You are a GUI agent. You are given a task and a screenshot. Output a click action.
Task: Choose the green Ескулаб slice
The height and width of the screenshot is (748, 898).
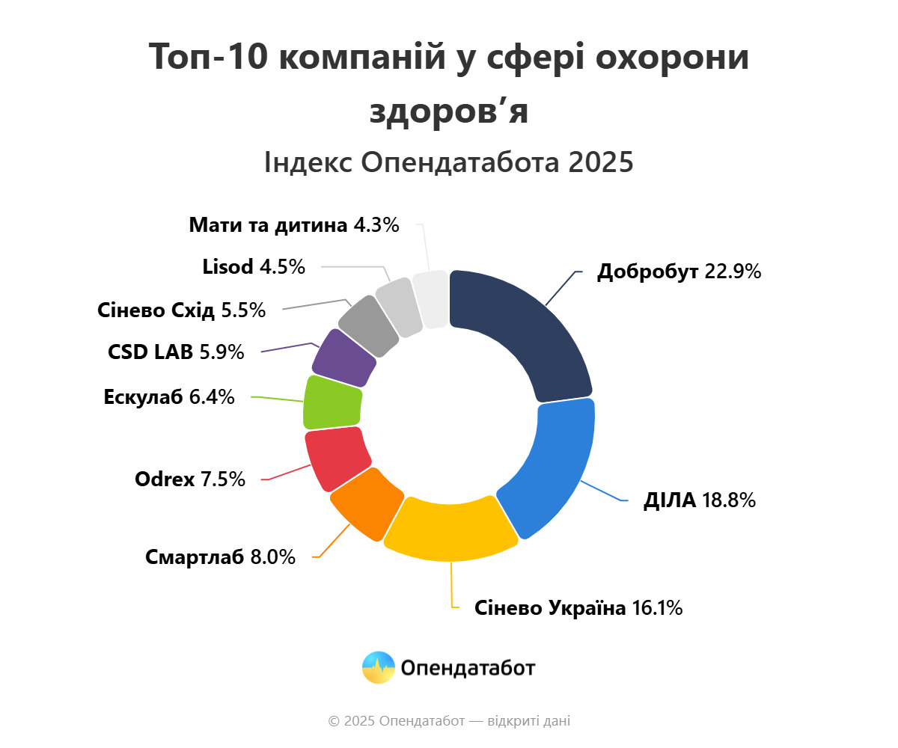coord(332,402)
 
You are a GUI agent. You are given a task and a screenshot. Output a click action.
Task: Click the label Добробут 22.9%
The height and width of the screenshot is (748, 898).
coord(679,272)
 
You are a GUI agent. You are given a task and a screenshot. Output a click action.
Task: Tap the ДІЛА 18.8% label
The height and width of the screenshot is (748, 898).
coord(699,500)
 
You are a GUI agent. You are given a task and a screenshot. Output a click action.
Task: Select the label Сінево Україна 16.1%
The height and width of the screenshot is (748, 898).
coord(578,608)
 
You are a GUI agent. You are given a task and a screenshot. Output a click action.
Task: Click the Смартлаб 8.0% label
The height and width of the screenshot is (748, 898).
coord(220,557)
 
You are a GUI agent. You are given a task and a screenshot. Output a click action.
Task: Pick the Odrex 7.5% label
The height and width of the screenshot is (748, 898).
coord(190,479)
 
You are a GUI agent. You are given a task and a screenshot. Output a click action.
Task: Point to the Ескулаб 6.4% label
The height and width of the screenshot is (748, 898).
coord(169,397)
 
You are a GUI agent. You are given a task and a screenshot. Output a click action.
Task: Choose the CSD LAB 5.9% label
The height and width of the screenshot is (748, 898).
coord(176,352)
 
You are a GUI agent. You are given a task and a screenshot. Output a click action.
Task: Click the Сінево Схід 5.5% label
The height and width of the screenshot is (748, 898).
coord(181,310)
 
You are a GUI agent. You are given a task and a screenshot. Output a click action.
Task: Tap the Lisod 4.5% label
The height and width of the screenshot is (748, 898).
coord(254,266)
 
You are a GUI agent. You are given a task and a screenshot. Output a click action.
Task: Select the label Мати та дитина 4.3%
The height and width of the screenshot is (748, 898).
coord(294,224)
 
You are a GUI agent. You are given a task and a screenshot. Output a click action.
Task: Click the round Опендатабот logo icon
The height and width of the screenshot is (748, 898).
coord(378,667)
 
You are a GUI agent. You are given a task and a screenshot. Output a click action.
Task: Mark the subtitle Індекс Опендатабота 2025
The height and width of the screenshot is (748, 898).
coord(449,162)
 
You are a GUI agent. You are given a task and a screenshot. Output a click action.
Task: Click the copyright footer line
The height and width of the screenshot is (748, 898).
coord(449,721)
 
